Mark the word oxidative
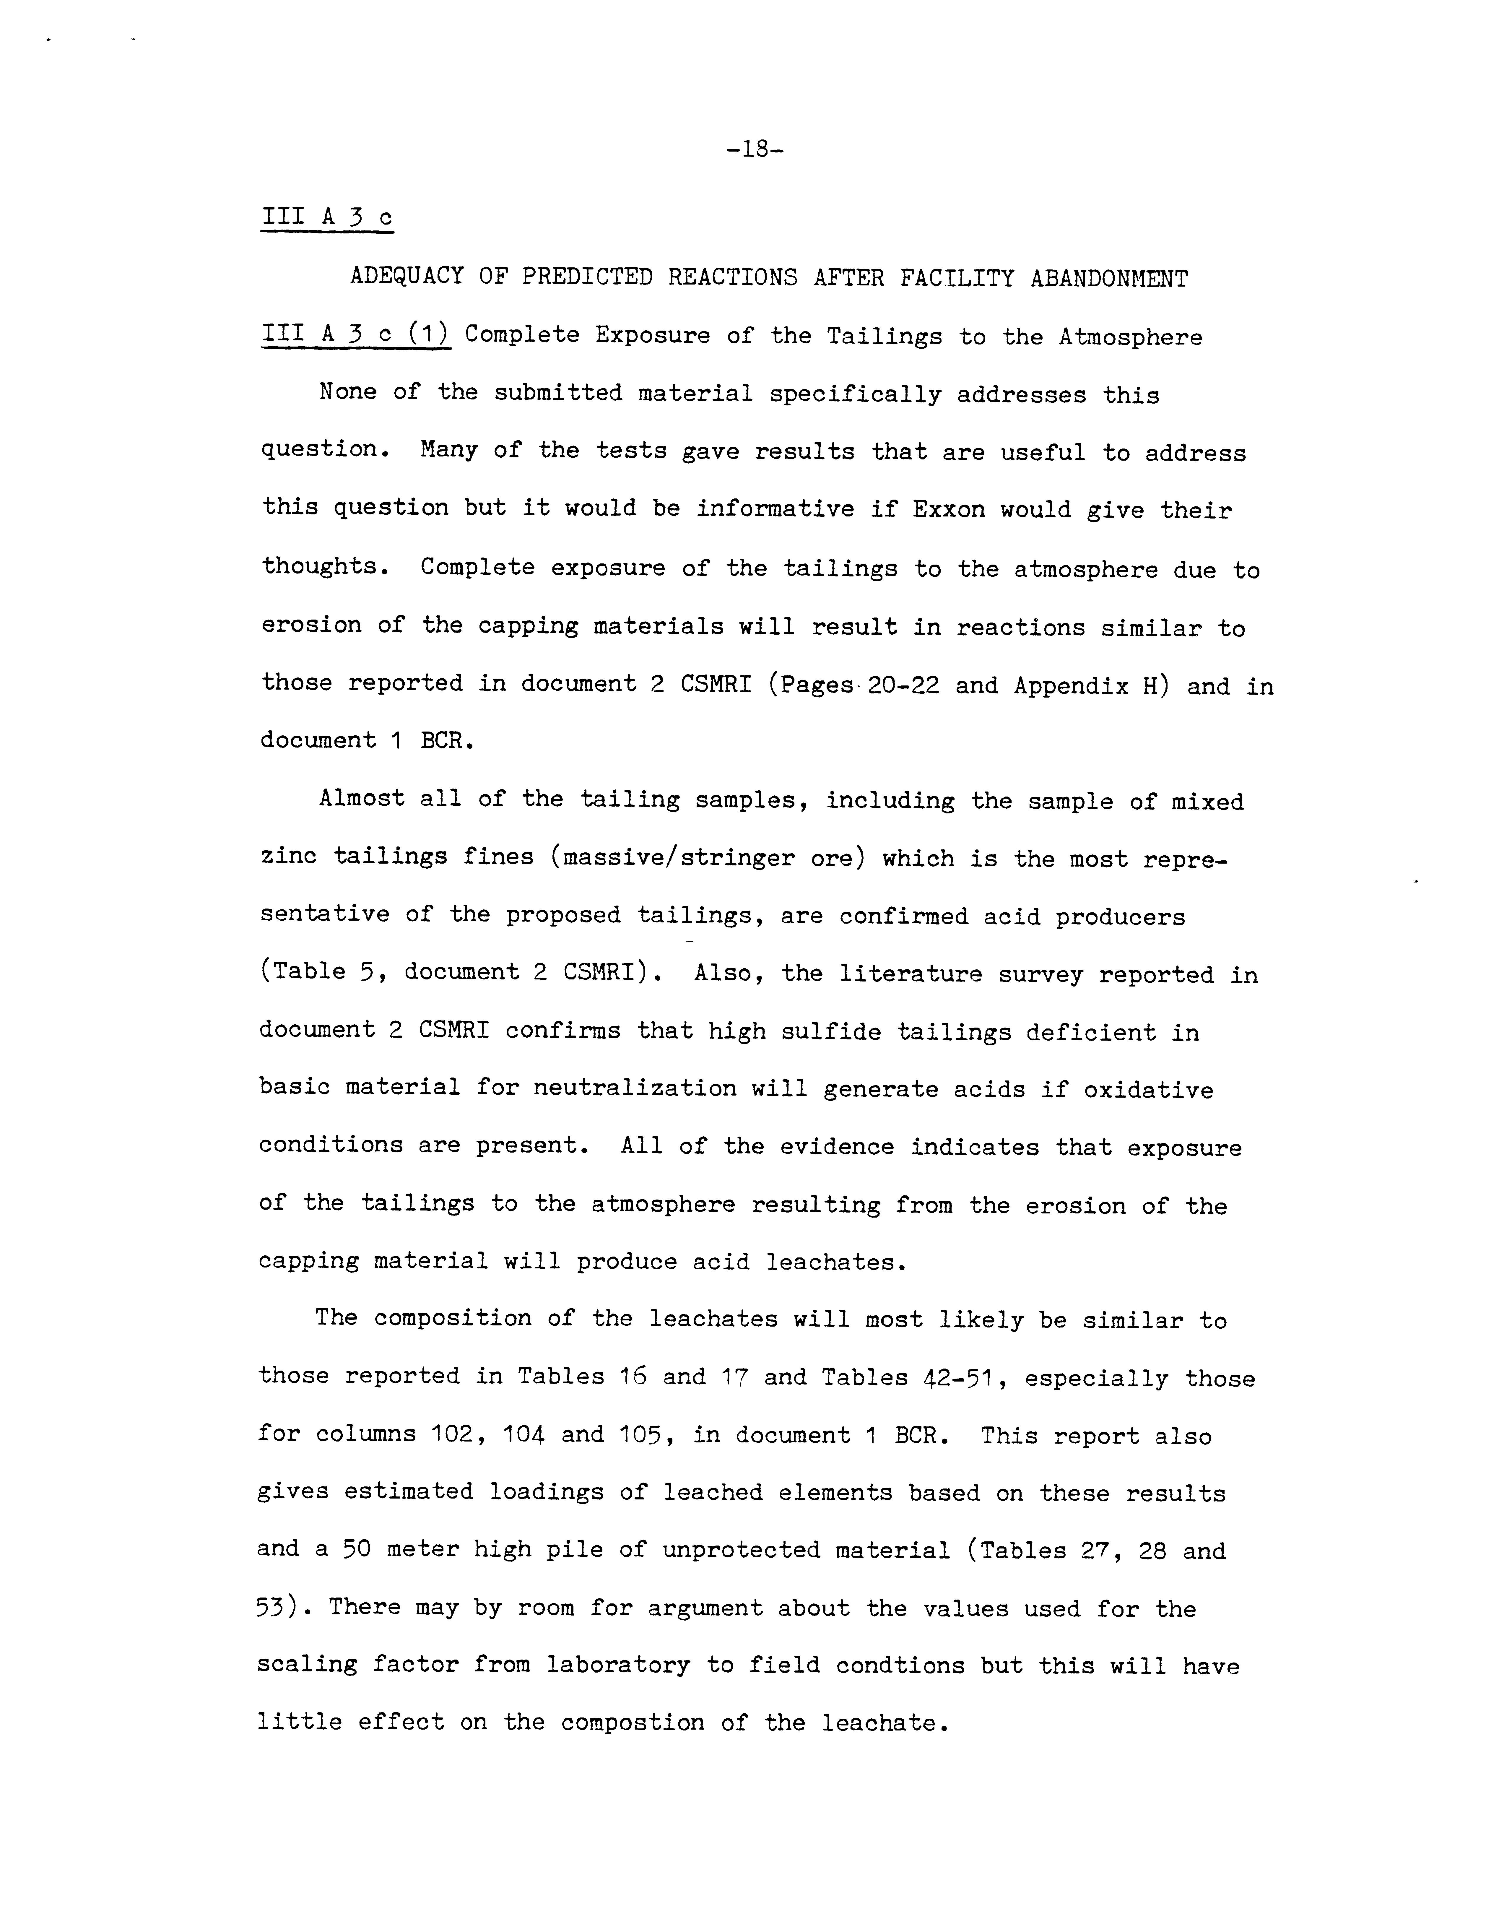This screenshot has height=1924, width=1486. coord(1148,1091)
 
